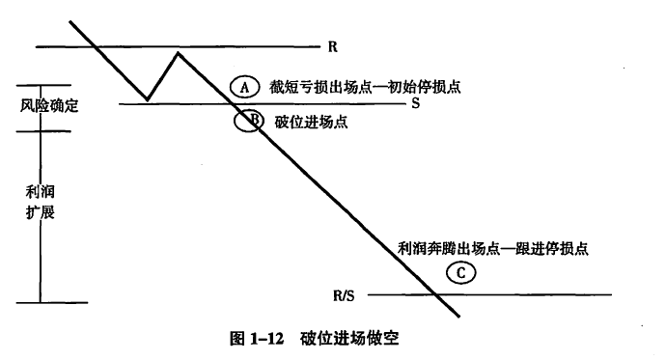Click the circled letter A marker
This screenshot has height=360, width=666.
[245, 87]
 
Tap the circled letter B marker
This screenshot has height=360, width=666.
[249, 121]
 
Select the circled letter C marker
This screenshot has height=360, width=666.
[461, 272]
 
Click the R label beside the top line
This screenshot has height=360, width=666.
[333, 46]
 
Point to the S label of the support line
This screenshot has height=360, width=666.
[415, 103]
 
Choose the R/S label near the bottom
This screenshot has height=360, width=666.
[344, 295]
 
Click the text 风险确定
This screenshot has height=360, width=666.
[49, 105]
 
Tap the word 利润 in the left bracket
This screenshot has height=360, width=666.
[40, 192]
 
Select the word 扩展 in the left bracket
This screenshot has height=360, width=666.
[40, 211]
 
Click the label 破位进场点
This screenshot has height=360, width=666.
[312, 122]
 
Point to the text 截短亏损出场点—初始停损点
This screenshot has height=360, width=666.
[365, 87]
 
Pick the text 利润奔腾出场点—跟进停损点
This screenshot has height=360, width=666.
[492, 248]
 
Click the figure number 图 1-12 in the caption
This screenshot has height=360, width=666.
[257, 339]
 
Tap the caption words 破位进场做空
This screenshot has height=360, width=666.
[349, 339]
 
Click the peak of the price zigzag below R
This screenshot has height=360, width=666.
[178, 53]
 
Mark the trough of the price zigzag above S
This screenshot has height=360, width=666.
[147, 99]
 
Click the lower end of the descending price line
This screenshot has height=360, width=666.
[458, 317]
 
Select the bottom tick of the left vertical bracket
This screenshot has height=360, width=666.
[52, 303]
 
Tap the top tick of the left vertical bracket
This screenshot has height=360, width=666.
[43, 85]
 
